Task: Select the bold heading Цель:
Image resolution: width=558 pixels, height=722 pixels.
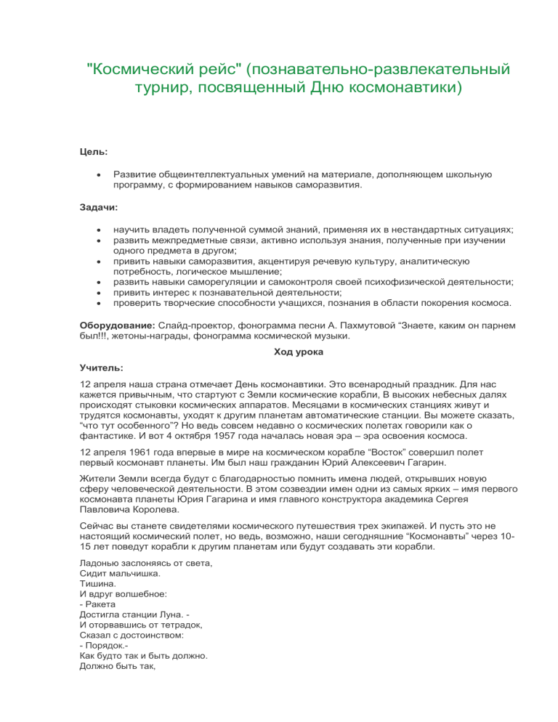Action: click(x=94, y=151)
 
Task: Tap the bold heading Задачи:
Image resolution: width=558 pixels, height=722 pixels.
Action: click(x=98, y=207)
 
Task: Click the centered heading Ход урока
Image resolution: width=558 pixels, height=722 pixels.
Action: click(x=298, y=352)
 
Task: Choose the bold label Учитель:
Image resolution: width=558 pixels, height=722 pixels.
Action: click(x=101, y=367)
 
